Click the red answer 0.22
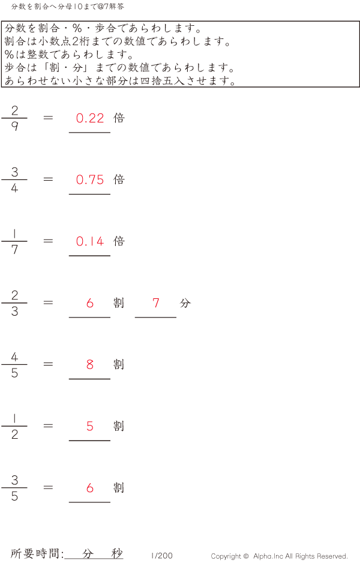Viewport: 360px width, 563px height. point(90,118)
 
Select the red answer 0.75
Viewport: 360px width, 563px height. point(90,180)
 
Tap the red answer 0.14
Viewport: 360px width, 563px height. point(90,242)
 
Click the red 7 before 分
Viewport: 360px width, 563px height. point(156,303)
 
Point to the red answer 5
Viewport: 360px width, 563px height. point(90,427)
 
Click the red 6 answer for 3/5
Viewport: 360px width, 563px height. point(90,488)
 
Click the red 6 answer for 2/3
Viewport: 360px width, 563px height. point(90,303)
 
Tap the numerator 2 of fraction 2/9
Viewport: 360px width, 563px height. point(14,110)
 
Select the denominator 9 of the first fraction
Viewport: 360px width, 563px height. point(14,127)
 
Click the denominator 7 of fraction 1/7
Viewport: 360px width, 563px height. point(14,250)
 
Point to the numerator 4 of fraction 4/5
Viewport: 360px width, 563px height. point(14,357)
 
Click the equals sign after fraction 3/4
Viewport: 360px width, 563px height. point(49,179)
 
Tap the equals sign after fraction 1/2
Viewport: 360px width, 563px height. point(49,426)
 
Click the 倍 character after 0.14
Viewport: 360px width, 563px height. point(119,241)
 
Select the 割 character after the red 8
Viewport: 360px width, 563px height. point(119,364)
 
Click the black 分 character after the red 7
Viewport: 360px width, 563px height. point(185,303)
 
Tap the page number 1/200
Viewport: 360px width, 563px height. point(162,556)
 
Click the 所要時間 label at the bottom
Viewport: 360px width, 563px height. point(37,553)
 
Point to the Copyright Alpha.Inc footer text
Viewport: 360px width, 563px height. point(279,556)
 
